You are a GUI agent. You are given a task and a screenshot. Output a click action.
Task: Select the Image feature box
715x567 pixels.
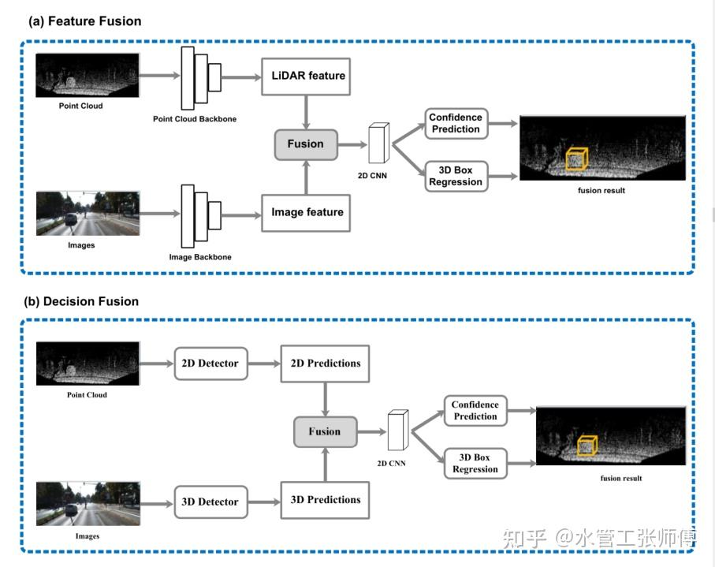(307, 212)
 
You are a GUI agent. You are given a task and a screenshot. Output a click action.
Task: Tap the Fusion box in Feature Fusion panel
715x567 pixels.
(305, 144)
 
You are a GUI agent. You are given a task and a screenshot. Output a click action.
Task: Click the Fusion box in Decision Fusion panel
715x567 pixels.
(324, 432)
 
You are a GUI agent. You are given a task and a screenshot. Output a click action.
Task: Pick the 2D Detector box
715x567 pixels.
(210, 364)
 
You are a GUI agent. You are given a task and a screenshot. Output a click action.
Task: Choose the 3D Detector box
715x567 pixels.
(210, 501)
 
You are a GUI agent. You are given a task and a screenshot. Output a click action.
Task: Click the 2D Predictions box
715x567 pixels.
(325, 364)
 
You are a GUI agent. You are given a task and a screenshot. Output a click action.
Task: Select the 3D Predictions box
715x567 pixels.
(325, 500)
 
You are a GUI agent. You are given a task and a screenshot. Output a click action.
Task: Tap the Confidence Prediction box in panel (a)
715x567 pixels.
(455, 123)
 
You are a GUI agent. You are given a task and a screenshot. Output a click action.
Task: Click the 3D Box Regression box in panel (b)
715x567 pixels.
(475, 463)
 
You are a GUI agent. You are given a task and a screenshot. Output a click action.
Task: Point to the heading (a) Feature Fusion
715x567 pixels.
(84, 21)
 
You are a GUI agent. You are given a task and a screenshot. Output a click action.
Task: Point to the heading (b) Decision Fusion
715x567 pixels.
(82, 301)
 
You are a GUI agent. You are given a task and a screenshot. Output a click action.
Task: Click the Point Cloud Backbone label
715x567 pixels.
(195, 119)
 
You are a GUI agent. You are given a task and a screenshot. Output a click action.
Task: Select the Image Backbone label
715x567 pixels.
(200, 257)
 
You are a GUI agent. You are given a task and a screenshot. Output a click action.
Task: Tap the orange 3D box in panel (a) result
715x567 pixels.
(577, 159)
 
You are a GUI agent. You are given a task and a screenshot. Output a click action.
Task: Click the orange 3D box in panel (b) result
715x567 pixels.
(587, 446)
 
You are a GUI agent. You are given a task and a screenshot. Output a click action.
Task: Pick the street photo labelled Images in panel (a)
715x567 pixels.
(88, 214)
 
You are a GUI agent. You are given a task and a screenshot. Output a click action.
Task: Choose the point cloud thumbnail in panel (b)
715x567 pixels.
(88, 364)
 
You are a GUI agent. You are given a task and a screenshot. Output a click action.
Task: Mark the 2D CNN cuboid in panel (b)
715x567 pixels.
(398, 432)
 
